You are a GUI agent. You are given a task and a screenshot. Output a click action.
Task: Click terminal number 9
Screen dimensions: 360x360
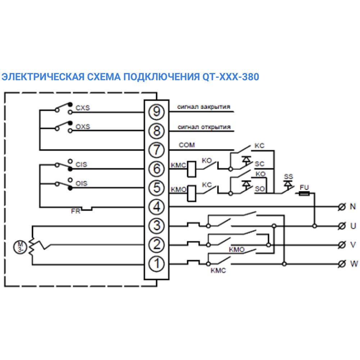156,112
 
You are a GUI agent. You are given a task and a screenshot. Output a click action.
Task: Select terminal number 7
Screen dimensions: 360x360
156,150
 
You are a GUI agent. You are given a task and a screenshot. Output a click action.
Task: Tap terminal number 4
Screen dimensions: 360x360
156,207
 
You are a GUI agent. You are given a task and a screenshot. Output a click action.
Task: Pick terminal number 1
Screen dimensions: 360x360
156,264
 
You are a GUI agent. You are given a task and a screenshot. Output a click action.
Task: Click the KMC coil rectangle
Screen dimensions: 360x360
192,168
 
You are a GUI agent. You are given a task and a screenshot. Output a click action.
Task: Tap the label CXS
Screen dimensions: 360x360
82,108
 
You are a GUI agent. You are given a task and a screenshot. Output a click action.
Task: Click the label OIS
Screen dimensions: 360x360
82,184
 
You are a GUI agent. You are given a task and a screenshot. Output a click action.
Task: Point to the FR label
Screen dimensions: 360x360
76,211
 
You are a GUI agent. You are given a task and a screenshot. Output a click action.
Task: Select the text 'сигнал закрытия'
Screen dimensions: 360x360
204,107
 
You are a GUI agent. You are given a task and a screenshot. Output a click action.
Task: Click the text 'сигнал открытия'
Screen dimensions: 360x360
204,127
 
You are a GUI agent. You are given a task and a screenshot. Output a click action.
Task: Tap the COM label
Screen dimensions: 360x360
186,145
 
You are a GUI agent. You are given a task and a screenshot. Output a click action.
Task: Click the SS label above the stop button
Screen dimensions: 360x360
288,177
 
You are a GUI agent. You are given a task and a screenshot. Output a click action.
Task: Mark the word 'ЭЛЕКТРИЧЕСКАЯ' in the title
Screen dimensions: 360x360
43,77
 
